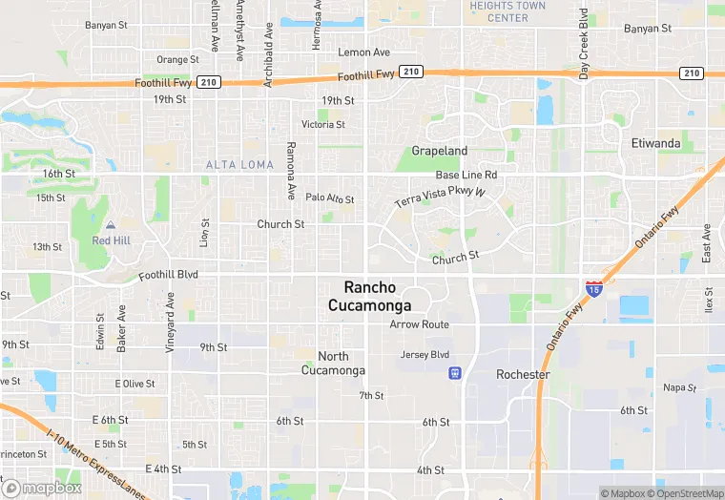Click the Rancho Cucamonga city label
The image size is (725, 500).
370,296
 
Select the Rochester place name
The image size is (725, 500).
523,375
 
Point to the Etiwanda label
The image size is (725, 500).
656,144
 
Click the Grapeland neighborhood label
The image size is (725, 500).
440,151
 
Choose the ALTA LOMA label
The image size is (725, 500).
239,165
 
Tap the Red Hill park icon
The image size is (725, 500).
111,225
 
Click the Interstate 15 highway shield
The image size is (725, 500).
593,288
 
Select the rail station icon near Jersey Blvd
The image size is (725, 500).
455,372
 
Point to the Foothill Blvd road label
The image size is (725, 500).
168,275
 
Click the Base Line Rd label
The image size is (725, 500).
466,176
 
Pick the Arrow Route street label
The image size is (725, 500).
419,324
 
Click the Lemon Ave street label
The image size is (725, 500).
364,52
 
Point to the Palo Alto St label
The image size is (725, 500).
329,198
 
